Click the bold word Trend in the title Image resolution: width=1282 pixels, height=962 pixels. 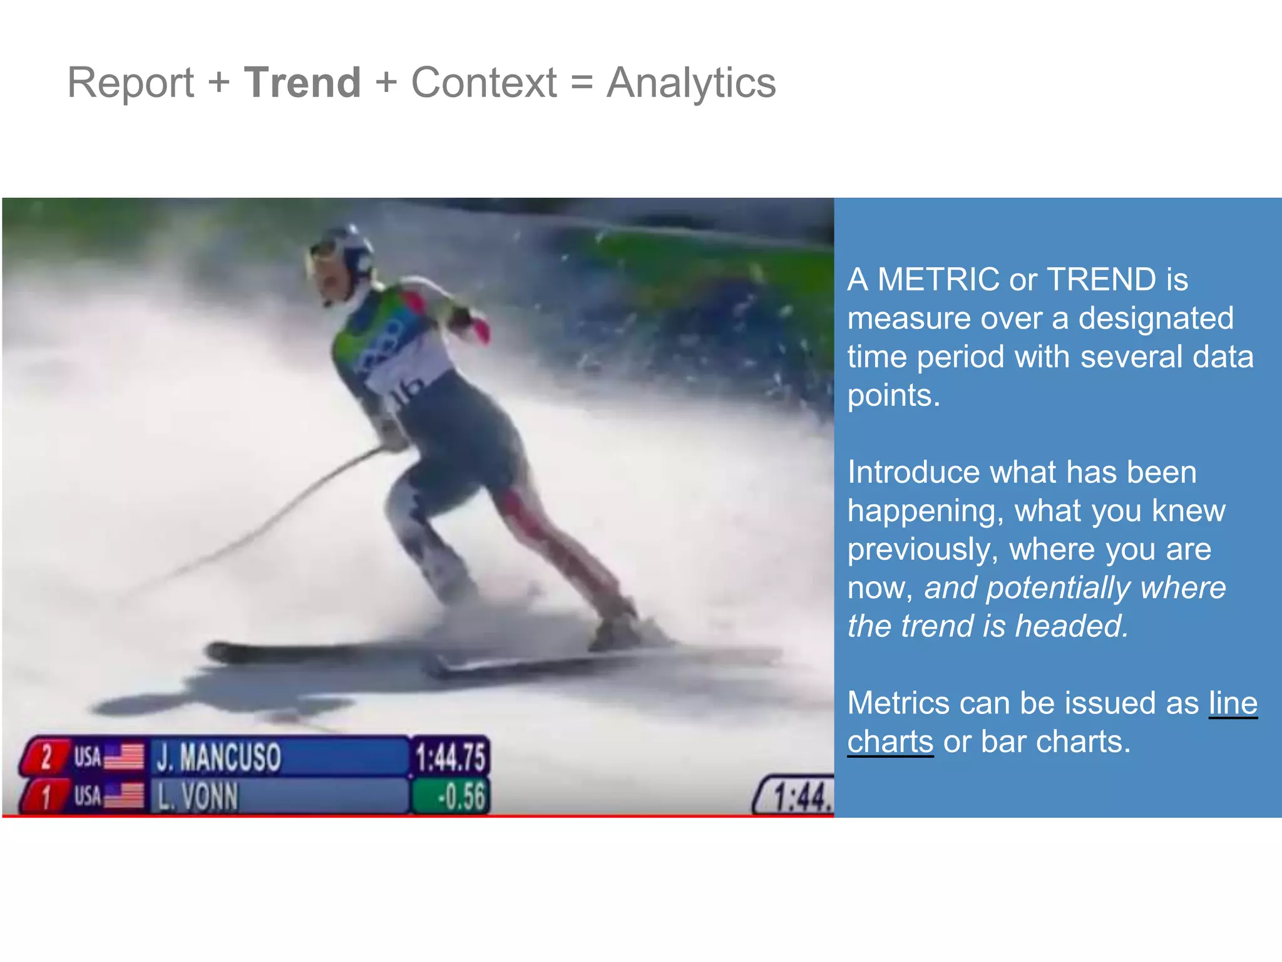pyautogui.click(x=302, y=83)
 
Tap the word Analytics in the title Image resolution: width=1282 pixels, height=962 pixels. pyautogui.click(x=691, y=83)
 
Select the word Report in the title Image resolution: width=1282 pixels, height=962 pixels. pyautogui.click(x=130, y=83)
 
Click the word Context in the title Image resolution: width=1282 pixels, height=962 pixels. pyautogui.click(x=483, y=83)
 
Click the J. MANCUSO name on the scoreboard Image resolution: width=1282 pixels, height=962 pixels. pyautogui.click(x=218, y=757)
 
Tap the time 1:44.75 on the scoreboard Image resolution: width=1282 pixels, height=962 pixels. pyautogui.click(x=450, y=757)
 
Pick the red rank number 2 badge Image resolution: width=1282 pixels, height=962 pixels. pyautogui.click(x=46, y=757)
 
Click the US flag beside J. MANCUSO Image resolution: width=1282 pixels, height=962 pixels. pyautogui.click(x=123, y=757)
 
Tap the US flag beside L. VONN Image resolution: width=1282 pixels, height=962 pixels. pyautogui.click(x=123, y=797)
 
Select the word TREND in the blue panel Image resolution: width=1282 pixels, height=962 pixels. pyautogui.click(x=1101, y=279)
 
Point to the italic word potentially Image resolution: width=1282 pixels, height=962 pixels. pyautogui.click(x=1059, y=588)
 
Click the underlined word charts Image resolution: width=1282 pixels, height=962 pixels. pyautogui.click(x=890, y=742)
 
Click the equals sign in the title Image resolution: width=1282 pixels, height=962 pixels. pyautogui.click(x=582, y=83)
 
